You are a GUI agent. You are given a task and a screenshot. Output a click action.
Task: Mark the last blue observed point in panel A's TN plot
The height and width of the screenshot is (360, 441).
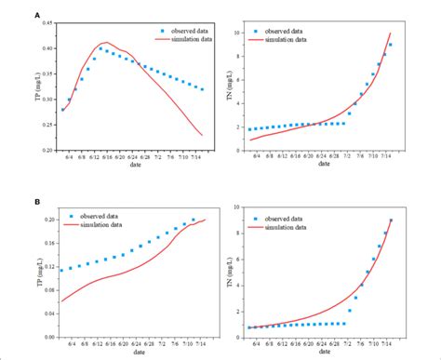[x=390, y=45]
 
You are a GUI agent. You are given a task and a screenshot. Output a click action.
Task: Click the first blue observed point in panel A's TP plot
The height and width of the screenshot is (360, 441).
[x=62, y=109]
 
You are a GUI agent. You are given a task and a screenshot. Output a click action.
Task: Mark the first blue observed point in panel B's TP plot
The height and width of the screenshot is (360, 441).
[x=62, y=271]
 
